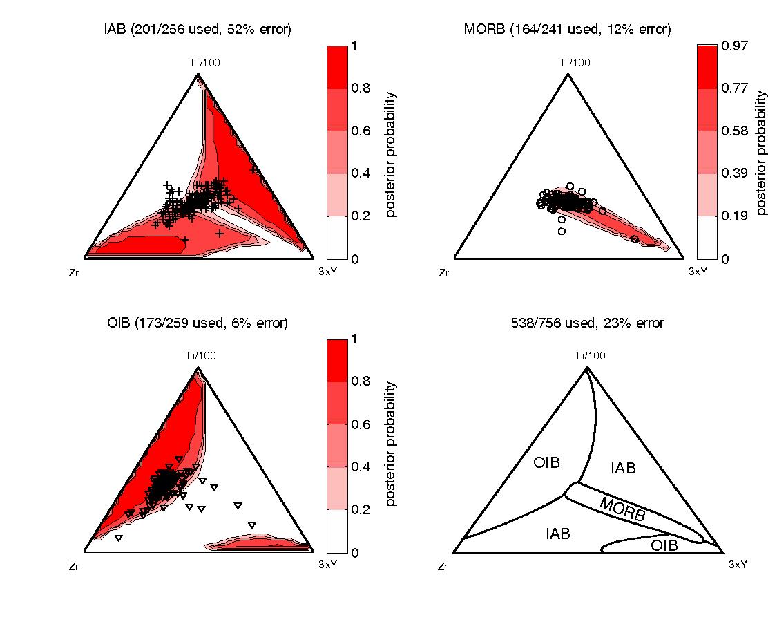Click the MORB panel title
(x=568, y=29)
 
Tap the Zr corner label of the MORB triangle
(x=444, y=274)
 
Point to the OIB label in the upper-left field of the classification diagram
(x=546, y=462)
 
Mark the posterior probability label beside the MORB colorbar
(x=762, y=153)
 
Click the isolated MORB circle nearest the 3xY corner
(x=634, y=238)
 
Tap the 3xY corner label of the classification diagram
(x=738, y=565)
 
